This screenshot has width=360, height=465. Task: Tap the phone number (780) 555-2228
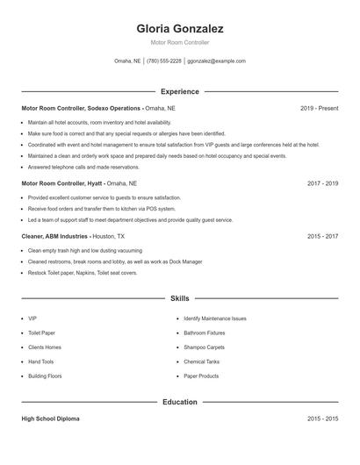[164, 61]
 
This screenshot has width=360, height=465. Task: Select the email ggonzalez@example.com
[217, 61]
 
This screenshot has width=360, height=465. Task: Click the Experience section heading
[179, 91]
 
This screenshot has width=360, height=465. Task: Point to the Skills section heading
[179, 299]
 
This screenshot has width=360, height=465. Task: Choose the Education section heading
[179, 402]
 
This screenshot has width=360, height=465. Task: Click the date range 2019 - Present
[319, 108]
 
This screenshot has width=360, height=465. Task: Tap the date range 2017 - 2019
[322, 184]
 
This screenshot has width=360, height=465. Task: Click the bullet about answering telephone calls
[83, 167]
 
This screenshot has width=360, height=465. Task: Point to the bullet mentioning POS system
[101, 210]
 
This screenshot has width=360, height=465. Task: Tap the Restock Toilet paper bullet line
[83, 273]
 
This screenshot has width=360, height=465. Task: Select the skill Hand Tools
[40, 361]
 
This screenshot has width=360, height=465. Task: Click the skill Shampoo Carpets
[204, 347]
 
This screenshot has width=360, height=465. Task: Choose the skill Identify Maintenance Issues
[215, 318]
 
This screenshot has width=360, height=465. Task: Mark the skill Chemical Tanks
[201, 361]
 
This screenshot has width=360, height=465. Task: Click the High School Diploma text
[51, 419]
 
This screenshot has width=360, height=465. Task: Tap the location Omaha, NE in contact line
[127, 61]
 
